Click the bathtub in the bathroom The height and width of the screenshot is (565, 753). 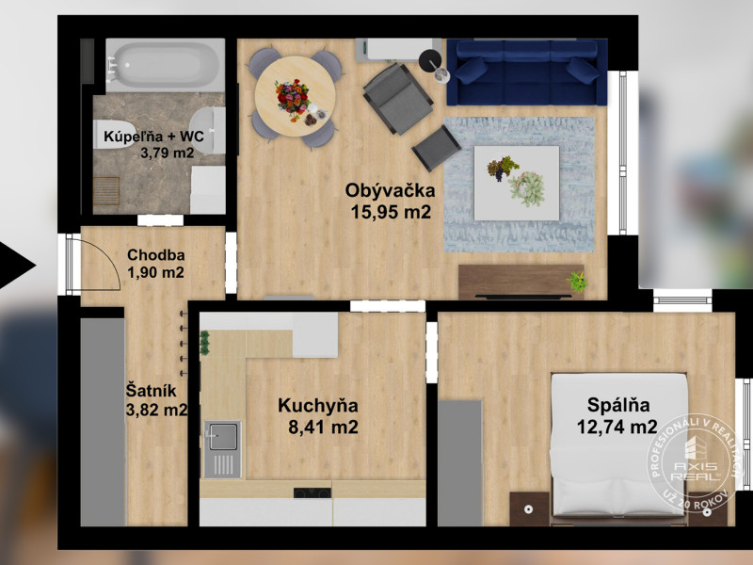pyautogui.click(x=166, y=65)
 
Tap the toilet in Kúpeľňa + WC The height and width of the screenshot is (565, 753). pyautogui.click(x=110, y=134)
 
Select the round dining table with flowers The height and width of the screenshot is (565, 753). pyautogui.click(x=295, y=96)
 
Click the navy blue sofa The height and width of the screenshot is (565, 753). pyautogui.click(x=527, y=73)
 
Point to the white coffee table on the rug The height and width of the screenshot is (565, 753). pyautogui.click(x=517, y=183)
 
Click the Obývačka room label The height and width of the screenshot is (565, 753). pyautogui.click(x=390, y=191)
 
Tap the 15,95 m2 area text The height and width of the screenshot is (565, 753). pyautogui.click(x=391, y=212)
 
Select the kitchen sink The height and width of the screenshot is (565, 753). pyautogui.click(x=223, y=449)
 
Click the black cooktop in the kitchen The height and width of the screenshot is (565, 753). pyautogui.click(x=312, y=492)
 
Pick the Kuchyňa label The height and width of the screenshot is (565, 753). pyautogui.click(x=318, y=406)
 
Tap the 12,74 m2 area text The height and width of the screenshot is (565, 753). pyautogui.click(x=617, y=427)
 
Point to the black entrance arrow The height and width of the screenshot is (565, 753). pyautogui.click(x=15, y=266)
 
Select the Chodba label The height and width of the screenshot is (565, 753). pyautogui.click(x=155, y=254)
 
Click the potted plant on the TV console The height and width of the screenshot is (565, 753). pyautogui.click(x=577, y=282)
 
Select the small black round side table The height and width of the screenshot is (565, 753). pyautogui.click(x=430, y=60)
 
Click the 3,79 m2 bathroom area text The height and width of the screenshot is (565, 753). pyautogui.click(x=168, y=153)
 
